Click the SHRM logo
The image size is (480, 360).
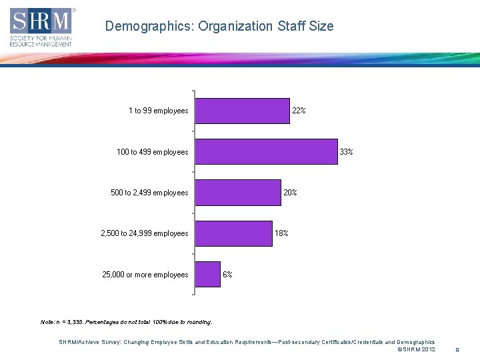pos(41,27)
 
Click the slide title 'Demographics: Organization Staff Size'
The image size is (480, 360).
pos(219,27)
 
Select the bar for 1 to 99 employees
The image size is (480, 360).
pos(242,111)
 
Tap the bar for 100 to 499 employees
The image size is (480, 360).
pos(266,152)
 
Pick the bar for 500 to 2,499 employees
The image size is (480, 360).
pos(237,193)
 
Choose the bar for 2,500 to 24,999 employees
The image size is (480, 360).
pos(233,233)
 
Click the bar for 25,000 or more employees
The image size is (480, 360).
pos(207,274)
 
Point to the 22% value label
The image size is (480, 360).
pos(299,111)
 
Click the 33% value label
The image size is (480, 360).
pos(346,152)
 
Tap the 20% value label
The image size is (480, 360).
pos(290,193)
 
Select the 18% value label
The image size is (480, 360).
pos(281,233)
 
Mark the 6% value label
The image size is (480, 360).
pos(227,275)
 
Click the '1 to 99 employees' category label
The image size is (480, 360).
pos(158,111)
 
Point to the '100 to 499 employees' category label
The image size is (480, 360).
pos(152,152)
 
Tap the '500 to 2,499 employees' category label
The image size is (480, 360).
pos(149,193)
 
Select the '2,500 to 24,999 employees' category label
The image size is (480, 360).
pos(144,233)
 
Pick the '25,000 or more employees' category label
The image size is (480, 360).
pos(145,275)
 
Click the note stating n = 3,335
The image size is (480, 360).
pos(127,322)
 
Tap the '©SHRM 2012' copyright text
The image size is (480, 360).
pos(416,349)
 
